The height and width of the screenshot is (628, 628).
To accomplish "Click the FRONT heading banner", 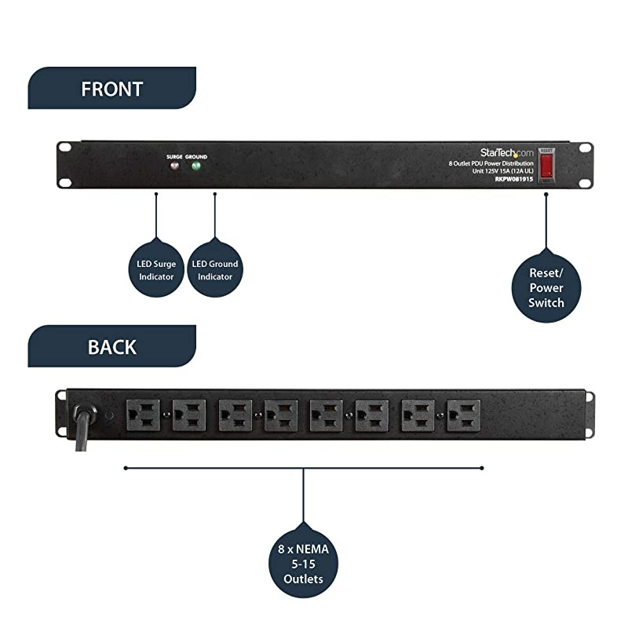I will [111, 89].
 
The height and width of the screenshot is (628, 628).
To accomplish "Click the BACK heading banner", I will [111, 346].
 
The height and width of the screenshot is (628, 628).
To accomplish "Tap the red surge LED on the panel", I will [174, 166].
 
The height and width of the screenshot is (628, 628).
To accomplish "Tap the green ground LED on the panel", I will [196, 166].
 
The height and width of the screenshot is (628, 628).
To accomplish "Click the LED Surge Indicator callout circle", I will [156, 270].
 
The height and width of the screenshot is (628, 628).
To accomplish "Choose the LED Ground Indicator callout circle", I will [214, 270].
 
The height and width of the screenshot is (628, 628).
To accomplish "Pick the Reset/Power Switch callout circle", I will [546, 287].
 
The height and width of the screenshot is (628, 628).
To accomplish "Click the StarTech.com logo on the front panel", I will [506, 153].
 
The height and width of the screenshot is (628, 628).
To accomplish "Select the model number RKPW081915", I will [513, 178].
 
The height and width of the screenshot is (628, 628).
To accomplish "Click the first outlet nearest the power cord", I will [143, 414].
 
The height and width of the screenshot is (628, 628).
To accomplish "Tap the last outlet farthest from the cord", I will [463, 414].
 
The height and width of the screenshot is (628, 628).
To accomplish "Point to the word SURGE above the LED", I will [174, 157].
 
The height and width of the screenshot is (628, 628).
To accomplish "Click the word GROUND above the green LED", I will [196, 157].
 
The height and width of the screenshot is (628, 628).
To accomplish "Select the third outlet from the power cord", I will [235, 414].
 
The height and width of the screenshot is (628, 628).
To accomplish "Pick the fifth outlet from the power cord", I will [326, 414].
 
